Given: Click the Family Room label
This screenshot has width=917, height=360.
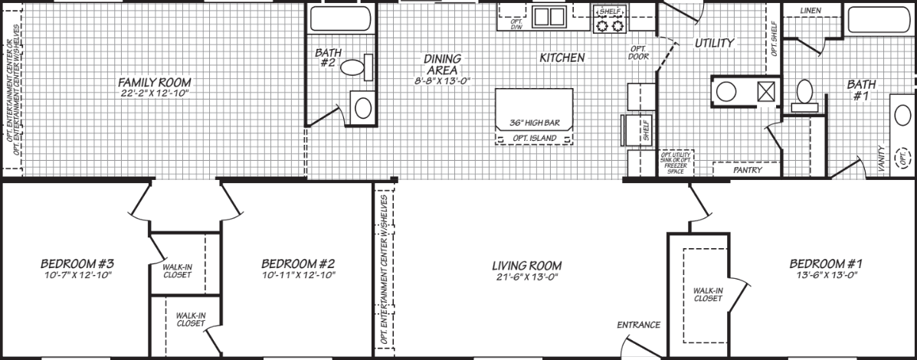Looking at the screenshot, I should pos(154,82).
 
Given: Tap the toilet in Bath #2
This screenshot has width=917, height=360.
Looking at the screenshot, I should pos(355,67).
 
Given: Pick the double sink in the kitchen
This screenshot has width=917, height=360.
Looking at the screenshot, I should pos(549,16).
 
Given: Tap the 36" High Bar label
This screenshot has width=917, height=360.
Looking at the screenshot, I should pos(535,123).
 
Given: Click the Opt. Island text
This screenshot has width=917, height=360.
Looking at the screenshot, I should pos(535,138).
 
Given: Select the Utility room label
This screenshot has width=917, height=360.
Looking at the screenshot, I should pos(714,43).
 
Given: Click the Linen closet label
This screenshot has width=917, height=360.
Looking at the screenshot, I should pos(811,11).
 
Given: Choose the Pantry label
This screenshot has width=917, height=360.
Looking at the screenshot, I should pos(746,171).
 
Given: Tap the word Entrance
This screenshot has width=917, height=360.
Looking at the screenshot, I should pos(638,325).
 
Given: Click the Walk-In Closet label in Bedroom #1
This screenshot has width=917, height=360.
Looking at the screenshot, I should pos(707,294).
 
